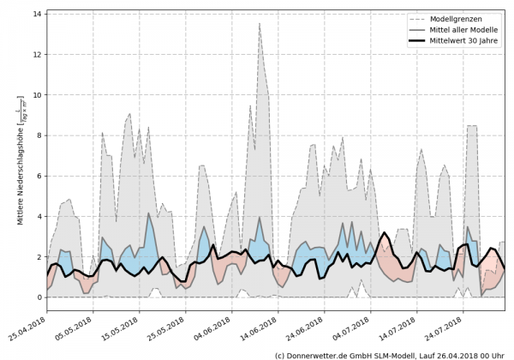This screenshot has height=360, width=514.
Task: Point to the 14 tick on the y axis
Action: tap(38, 14)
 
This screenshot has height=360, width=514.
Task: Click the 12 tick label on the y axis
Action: tap(38, 54)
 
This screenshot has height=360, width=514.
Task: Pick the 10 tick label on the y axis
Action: tap(38, 95)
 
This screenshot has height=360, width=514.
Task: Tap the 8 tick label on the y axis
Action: tap(39, 135)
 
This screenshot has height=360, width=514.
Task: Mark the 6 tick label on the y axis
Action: tap(39, 176)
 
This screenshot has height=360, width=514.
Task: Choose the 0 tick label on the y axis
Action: tap(39, 297)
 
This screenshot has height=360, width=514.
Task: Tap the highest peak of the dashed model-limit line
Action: tap(260, 23)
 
